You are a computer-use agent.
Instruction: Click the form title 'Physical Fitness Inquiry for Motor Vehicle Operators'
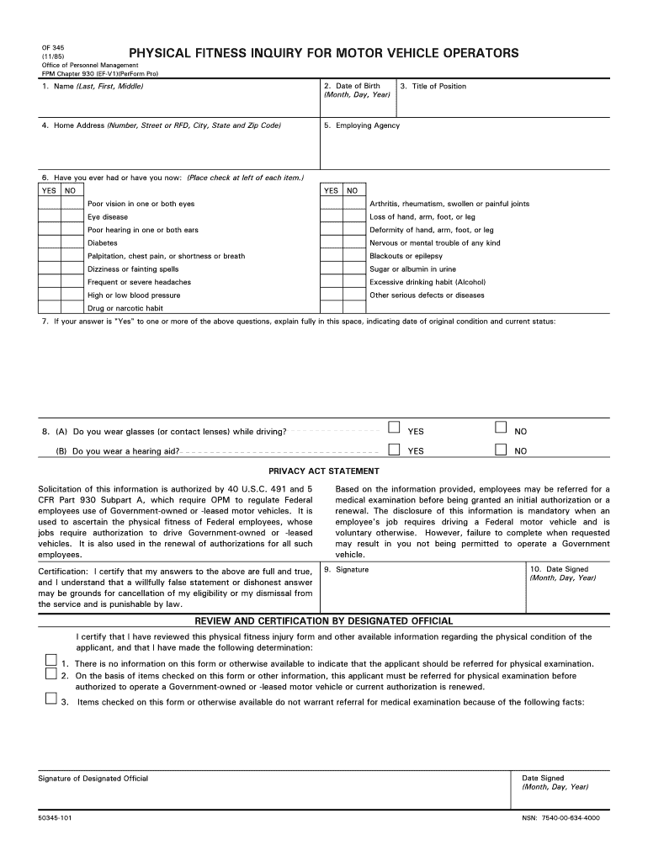coord(323,54)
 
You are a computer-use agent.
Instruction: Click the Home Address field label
coord(161,125)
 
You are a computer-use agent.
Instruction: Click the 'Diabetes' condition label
coord(103,243)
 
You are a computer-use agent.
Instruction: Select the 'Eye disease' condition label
coord(108,217)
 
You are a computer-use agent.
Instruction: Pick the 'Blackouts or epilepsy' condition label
coord(406,256)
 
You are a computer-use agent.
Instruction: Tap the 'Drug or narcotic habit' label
coord(125,308)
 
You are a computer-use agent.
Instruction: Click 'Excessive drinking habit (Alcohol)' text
coord(428,282)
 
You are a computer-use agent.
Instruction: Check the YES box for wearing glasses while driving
coord(393,428)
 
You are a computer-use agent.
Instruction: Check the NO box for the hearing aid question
coord(501,449)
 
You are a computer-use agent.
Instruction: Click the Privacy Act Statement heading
coord(323,471)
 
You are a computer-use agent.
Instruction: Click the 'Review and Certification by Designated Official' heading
coord(324,621)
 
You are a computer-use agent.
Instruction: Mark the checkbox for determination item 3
coord(50,699)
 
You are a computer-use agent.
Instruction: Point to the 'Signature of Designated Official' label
coord(93,779)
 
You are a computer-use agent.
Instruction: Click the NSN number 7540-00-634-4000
coord(561,818)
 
